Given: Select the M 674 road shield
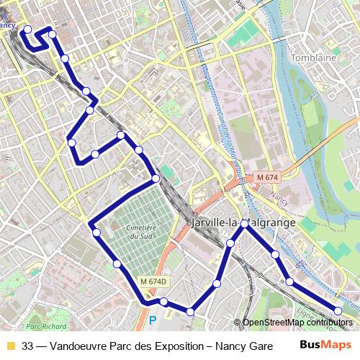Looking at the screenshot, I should point(269,176).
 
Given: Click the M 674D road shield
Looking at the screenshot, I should point(153,282).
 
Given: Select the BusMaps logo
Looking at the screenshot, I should point(320,346).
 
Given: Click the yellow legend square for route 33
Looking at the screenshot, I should point(10,346).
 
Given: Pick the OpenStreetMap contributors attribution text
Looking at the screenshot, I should point(297,323).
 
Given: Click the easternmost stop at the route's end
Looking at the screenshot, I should point(338,310).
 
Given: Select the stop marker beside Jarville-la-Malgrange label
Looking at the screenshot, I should point(245,225).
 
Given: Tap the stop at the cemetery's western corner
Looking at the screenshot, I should point(96,232).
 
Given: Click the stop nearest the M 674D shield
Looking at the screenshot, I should point(163,302).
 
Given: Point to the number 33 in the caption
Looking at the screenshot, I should point(28,346).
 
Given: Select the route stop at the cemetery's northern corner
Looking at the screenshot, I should point(156,178).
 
